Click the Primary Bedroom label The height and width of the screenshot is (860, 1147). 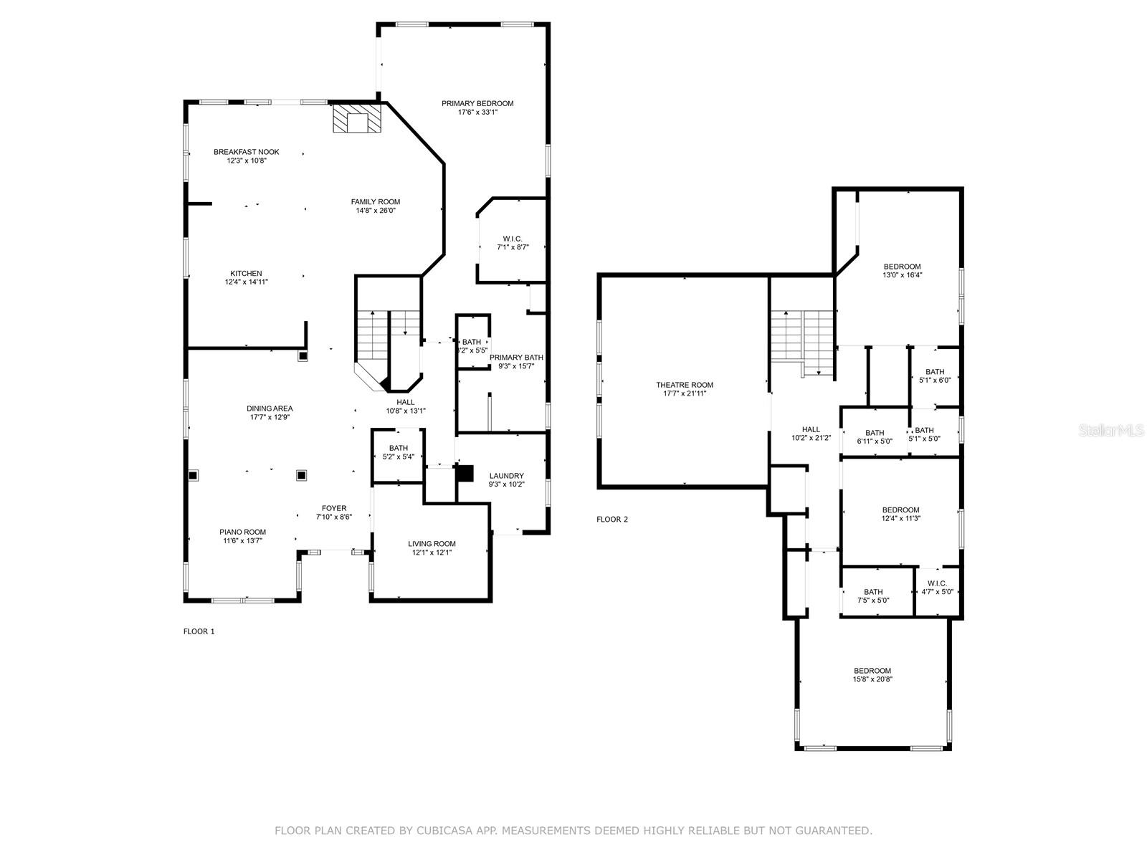click(477, 103)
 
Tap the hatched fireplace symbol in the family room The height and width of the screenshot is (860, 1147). click(358, 118)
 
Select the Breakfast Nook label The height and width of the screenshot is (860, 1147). click(246, 152)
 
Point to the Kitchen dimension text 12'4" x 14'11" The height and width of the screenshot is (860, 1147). click(246, 282)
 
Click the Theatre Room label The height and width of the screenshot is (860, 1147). click(685, 385)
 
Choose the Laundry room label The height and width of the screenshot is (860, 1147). click(506, 476)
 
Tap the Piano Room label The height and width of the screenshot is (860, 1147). click(242, 532)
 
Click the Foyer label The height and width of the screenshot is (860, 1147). click(334, 508)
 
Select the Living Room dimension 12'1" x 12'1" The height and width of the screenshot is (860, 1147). click(432, 553)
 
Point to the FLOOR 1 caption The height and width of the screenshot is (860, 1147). click(199, 631)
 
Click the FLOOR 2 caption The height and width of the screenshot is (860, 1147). click(612, 519)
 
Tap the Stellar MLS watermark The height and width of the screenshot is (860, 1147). click(1111, 430)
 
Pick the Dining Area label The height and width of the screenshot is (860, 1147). click(270, 408)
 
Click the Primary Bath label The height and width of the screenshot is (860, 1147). click(516, 357)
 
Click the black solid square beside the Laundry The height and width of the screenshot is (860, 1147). click(465, 473)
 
